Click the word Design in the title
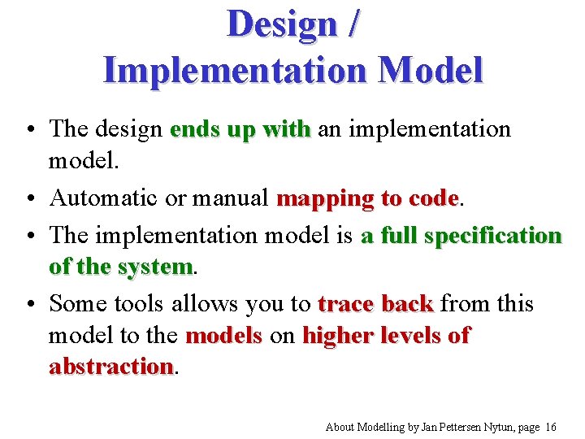click(x=280, y=24)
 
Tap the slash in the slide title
click(x=350, y=24)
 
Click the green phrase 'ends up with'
click(x=240, y=128)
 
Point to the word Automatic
click(x=105, y=198)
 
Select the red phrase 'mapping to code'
click(x=368, y=198)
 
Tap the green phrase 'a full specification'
click(x=461, y=236)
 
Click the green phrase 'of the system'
click(x=121, y=266)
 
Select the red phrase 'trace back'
click(x=375, y=304)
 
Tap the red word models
click(x=223, y=335)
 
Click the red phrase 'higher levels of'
click(x=386, y=335)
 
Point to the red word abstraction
click(x=111, y=366)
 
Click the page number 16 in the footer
click(x=552, y=427)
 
